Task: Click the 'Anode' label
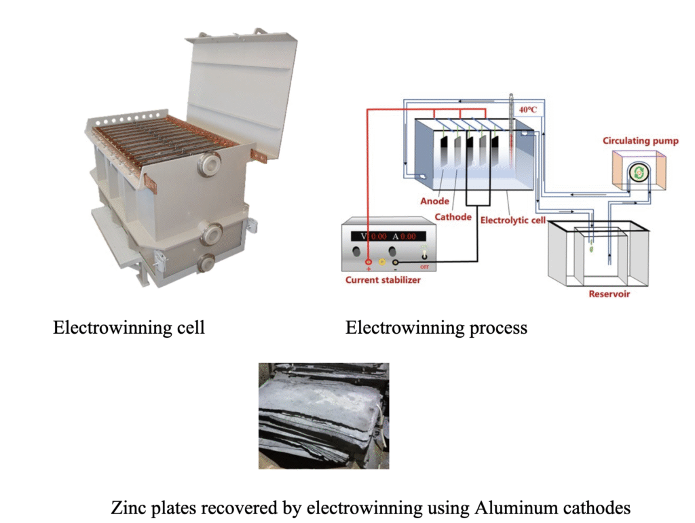[434, 201]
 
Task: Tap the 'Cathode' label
[453, 217]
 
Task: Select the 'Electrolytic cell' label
[513, 220]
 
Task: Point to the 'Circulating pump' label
[641, 141]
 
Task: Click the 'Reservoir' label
[609, 294]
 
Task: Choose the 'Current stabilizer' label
[383, 280]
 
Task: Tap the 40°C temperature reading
[528, 109]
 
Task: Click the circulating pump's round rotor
[639, 173]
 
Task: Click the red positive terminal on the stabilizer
[368, 262]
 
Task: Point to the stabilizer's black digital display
[388, 236]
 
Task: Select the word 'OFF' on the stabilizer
[424, 267]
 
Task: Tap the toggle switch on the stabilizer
[424, 254]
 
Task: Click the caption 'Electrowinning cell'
[129, 328]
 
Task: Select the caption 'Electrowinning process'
[436, 328]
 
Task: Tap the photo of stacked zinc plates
[324, 416]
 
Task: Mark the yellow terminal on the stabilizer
[381, 262]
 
